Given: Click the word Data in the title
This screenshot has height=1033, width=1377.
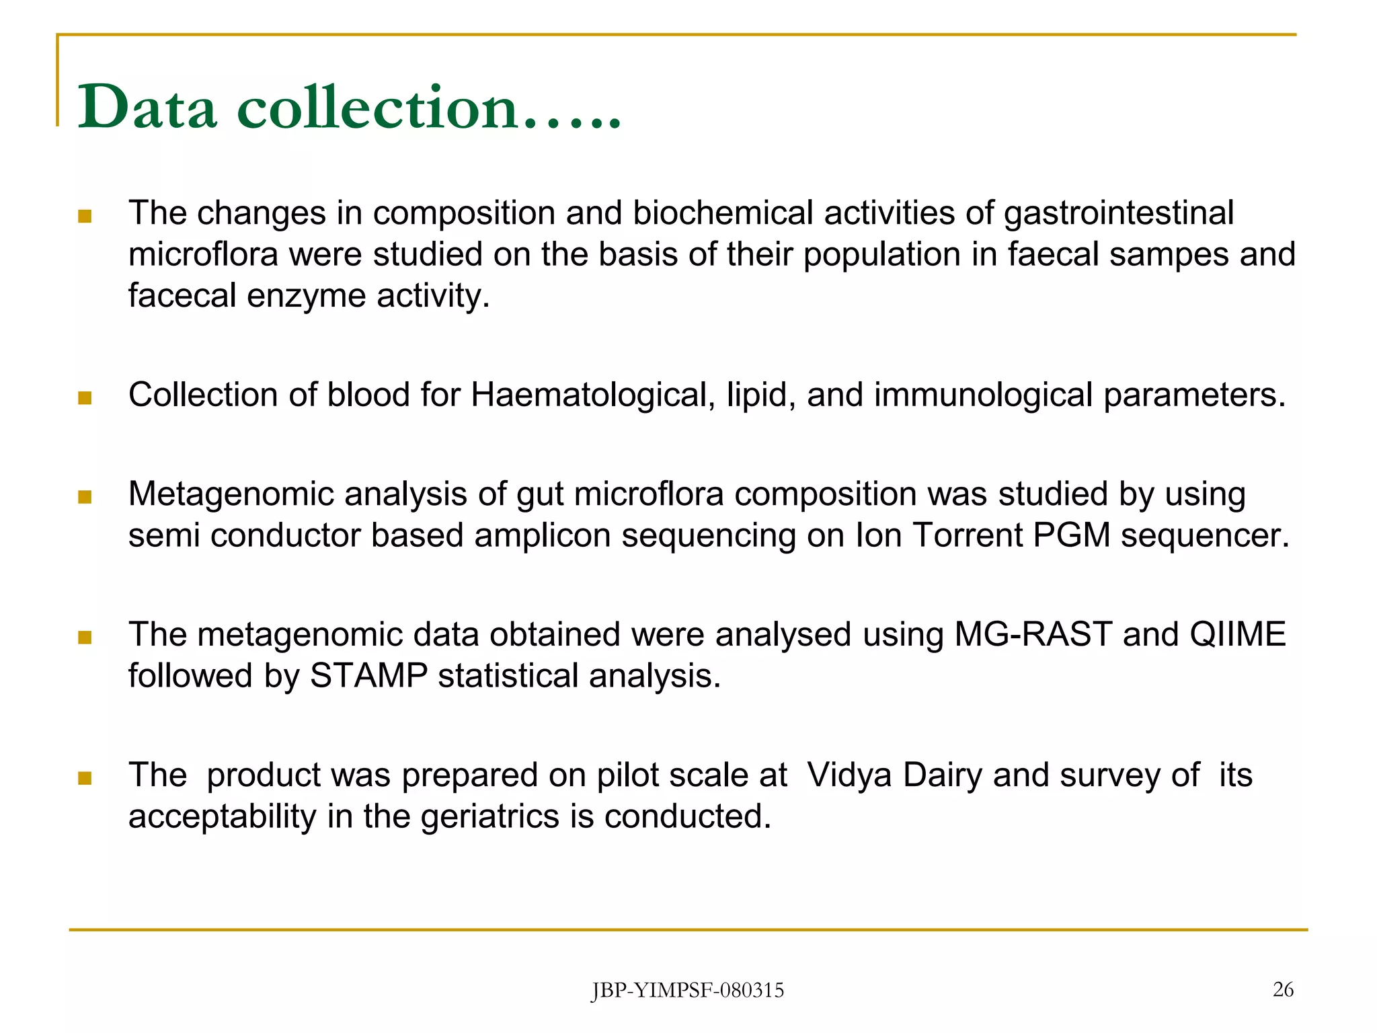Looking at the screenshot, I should pos(147,108).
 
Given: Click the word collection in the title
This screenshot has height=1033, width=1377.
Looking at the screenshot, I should pos(377,108).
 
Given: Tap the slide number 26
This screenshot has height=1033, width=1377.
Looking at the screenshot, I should pos(1283,989).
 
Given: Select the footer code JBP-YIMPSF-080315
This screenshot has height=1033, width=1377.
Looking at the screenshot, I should pos(687,991).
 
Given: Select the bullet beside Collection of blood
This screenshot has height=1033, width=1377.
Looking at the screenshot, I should pos(85,398).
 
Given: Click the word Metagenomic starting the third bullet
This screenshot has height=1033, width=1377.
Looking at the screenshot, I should pos(231,495).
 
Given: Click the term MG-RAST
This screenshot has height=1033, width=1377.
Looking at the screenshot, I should pos(1032,635).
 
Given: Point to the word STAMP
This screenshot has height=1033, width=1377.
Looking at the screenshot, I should pos(368,676).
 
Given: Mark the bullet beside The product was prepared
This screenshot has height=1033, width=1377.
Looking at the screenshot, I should pos(85,779).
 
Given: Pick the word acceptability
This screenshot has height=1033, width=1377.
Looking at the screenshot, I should pos(222,817).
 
